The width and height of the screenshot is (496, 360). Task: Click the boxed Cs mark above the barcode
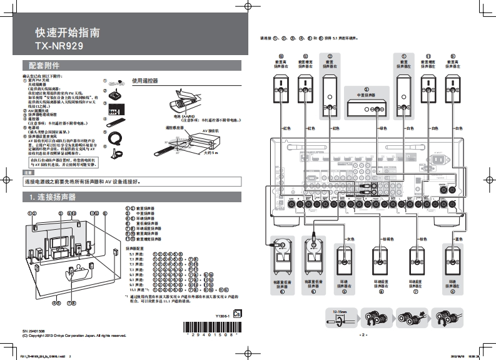pos(236,315)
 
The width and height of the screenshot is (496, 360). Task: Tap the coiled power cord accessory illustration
pos(114,136)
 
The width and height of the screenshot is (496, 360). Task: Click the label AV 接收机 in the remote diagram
pos(212,131)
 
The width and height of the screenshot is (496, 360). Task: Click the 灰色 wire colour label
pos(350,239)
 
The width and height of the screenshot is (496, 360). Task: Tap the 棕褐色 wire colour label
pos(388,239)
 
